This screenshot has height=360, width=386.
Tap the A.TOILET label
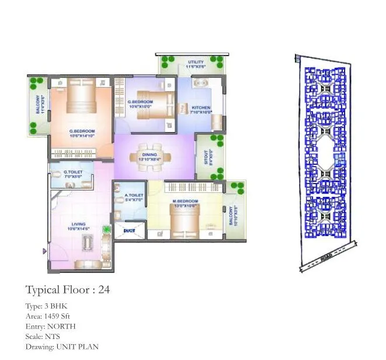[x=134, y=196]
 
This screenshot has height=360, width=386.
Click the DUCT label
[x=129, y=231]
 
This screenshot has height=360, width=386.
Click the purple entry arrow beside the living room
[x=45, y=251]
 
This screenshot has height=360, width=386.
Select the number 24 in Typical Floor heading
[x=103, y=289]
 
